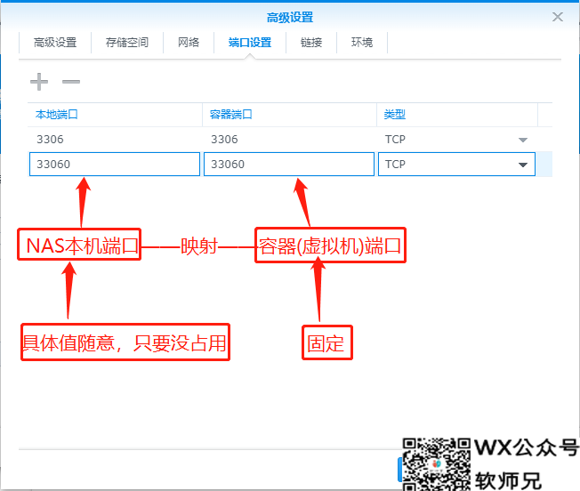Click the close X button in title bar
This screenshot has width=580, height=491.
[x=558, y=17]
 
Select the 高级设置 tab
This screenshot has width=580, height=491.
[x=55, y=42]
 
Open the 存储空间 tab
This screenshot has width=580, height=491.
[x=127, y=42]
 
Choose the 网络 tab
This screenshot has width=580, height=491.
[x=189, y=42]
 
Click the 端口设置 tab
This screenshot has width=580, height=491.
[x=249, y=42]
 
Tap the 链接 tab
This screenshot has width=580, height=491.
[x=311, y=42]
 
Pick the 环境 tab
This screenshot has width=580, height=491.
[x=362, y=42]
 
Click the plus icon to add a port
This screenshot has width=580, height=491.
[x=39, y=82]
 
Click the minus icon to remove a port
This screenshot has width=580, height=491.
[x=71, y=82]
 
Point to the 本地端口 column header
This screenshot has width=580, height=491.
[x=57, y=115]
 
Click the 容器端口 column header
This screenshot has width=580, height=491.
[x=231, y=115]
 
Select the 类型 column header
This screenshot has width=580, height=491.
[x=395, y=115]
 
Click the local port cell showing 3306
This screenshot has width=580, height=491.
[x=51, y=140]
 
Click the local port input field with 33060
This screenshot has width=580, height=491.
[x=115, y=165]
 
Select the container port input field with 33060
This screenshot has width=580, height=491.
[x=289, y=165]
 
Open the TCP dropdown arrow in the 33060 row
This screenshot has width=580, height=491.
[x=523, y=165]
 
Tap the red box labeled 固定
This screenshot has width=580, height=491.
[x=326, y=343]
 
